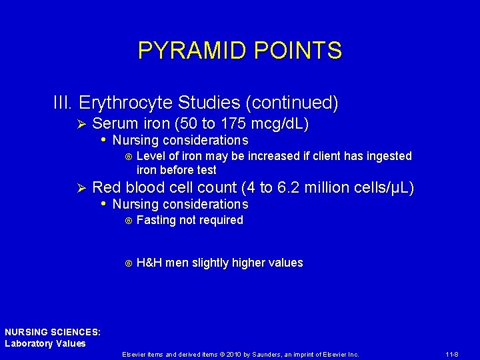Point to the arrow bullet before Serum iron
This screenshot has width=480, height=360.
pyautogui.click(x=81, y=125)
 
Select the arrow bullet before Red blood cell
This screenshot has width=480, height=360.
pyautogui.click(x=81, y=189)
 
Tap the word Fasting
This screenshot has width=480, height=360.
pyautogui.click(x=156, y=220)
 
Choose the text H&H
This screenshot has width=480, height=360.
pyautogui.click(x=149, y=263)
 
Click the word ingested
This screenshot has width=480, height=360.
pyautogui.click(x=389, y=156)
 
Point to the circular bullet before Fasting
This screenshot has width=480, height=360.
pyautogui.click(x=128, y=221)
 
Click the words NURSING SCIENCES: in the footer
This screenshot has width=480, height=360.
pyautogui.click(x=53, y=331)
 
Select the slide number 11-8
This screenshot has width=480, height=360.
pyautogui.click(x=450, y=355)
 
